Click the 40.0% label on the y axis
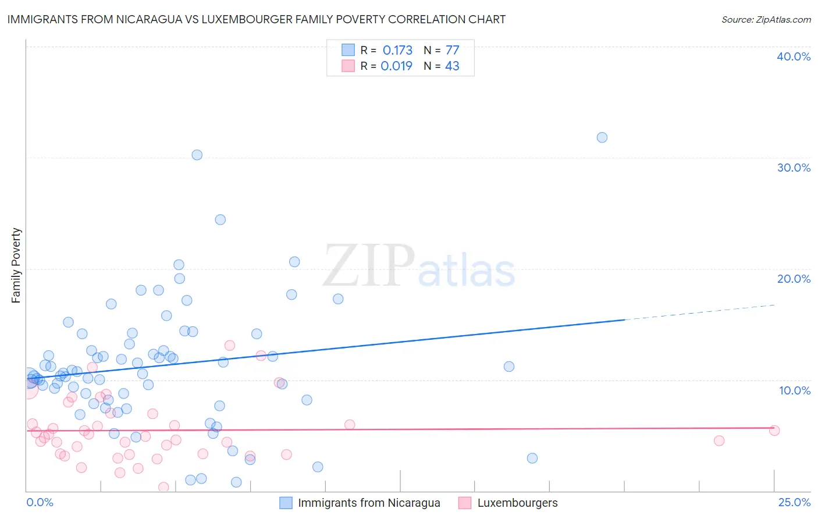794,56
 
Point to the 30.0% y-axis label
794,168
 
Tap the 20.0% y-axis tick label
794,279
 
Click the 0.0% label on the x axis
40,503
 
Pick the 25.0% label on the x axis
794,503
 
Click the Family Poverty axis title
16,265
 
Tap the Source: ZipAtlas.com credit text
766,19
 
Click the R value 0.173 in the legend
397,51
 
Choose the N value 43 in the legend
452,66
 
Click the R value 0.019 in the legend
396,66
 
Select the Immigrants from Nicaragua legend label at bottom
369,503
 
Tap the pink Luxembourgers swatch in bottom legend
464,503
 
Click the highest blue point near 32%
602,137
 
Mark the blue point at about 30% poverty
197,155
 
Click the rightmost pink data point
774,431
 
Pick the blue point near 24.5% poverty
220,219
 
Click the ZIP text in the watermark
369,266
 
